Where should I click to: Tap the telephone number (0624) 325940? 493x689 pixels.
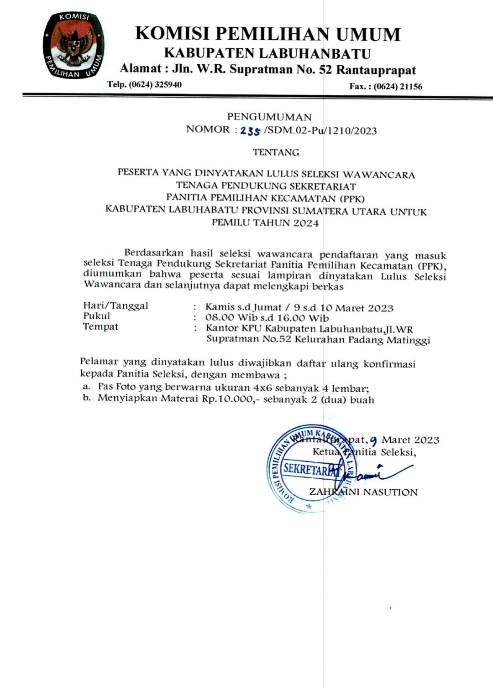pyautogui.click(x=155, y=84)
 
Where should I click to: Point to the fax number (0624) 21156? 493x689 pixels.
pyautogui.click(x=398, y=86)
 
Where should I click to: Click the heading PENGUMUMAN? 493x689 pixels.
pyautogui.click(x=269, y=117)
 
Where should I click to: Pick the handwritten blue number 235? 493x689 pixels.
pyautogui.click(x=250, y=131)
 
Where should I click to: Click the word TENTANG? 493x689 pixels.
pyautogui.click(x=276, y=152)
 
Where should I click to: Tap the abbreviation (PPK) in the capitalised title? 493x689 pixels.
pyautogui.click(x=352, y=198)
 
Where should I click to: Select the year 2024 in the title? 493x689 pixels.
pyautogui.click(x=306, y=223)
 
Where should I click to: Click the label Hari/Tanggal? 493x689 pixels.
pyautogui.click(x=115, y=306)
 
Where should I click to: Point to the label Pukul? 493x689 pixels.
pyautogui.click(x=96, y=316)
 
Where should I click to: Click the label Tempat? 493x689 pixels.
pyautogui.click(x=100, y=326)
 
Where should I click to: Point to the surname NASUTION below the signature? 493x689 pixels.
pyautogui.click(x=391, y=492)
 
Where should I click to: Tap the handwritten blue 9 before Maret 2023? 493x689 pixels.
pyautogui.click(x=373, y=440)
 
